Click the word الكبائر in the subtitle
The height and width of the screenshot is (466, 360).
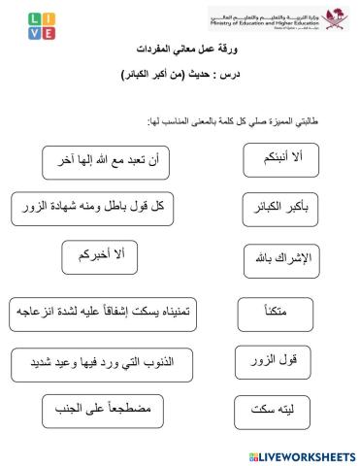[x=142, y=75]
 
